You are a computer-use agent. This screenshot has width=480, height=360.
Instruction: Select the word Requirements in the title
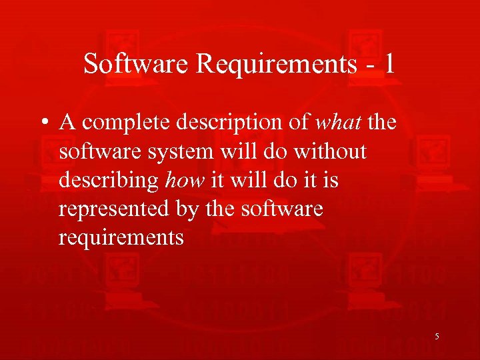(x=273, y=64)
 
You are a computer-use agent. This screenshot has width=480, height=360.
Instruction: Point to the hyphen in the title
(x=367, y=65)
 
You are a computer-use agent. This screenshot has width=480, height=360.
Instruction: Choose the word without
(x=330, y=152)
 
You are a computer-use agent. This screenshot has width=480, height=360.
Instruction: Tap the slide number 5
(x=437, y=337)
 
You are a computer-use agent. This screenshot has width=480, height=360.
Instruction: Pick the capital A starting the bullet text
(x=67, y=123)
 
